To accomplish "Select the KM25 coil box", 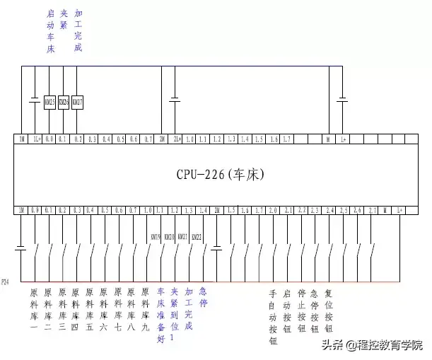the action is click(49, 102).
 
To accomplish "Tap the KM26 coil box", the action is click(64, 102).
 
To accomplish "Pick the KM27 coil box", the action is click(78, 102).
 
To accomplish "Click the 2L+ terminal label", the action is click(176, 139).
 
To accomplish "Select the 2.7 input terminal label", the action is click(371, 210).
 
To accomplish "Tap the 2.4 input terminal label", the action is click(329, 210).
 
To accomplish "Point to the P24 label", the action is click(6, 281).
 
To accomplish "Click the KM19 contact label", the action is click(156, 237).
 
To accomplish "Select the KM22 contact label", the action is click(197, 237).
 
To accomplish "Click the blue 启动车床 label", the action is click(49, 31).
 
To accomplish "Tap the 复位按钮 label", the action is click(328, 310).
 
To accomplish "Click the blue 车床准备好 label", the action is click(160, 315).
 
